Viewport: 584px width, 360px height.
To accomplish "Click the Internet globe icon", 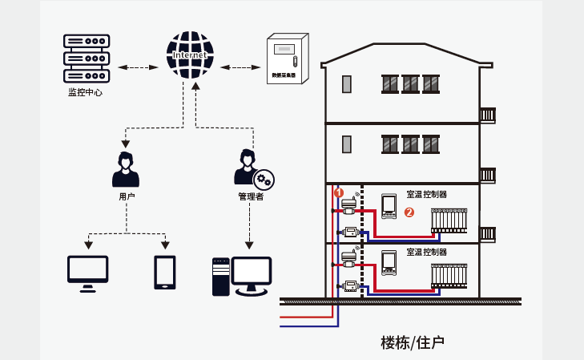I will pyautogui.click(x=190, y=55).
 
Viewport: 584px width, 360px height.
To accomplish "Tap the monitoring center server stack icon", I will pyautogui.click(x=86, y=58).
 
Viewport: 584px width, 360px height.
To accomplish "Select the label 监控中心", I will pyautogui.click(x=85, y=92).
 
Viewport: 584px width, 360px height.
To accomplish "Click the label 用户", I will pyautogui.click(x=126, y=196).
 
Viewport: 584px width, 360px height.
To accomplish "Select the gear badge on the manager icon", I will pyautogui.click(x=264, y=180).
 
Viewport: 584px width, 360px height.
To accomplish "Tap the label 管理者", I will pyautogui.click(x=250, y=196).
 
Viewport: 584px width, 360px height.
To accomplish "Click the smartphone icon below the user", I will pyautogui.click(x=165, y=272).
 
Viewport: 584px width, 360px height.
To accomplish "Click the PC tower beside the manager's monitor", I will pyautogui.click(x=220, y=277).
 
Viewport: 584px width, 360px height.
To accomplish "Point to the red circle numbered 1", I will pyautogui.click(x=338, y=192).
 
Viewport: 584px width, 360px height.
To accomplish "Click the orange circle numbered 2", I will pyautogui.click(x=409, y=212).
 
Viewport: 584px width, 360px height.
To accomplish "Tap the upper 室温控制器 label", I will pyautogui.click(x=426, y=194).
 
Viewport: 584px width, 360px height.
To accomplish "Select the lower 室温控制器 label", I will pyautogui.click(x=426, y=252).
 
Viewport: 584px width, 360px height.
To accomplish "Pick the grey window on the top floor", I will pyautogui.click(x=347, y=83).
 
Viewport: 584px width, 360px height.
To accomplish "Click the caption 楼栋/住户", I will pyautogui.click(x=413, y=342).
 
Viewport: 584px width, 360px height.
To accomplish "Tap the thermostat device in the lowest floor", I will pyautogui.click(x=389, y=263).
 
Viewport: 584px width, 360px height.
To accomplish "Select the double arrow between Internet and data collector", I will pyautogui.click(x=236, y=67).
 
